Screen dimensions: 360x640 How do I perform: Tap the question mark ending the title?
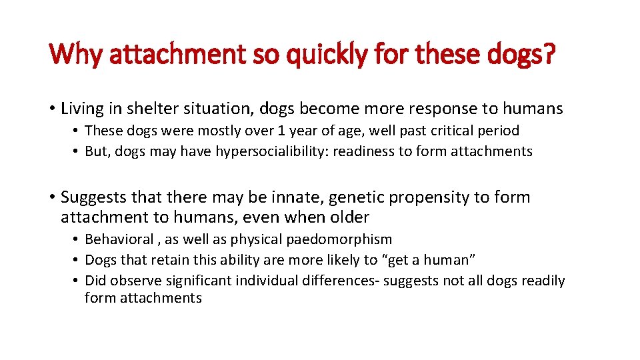(547, 53)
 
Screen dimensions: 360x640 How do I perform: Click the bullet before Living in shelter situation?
(51, 108)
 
